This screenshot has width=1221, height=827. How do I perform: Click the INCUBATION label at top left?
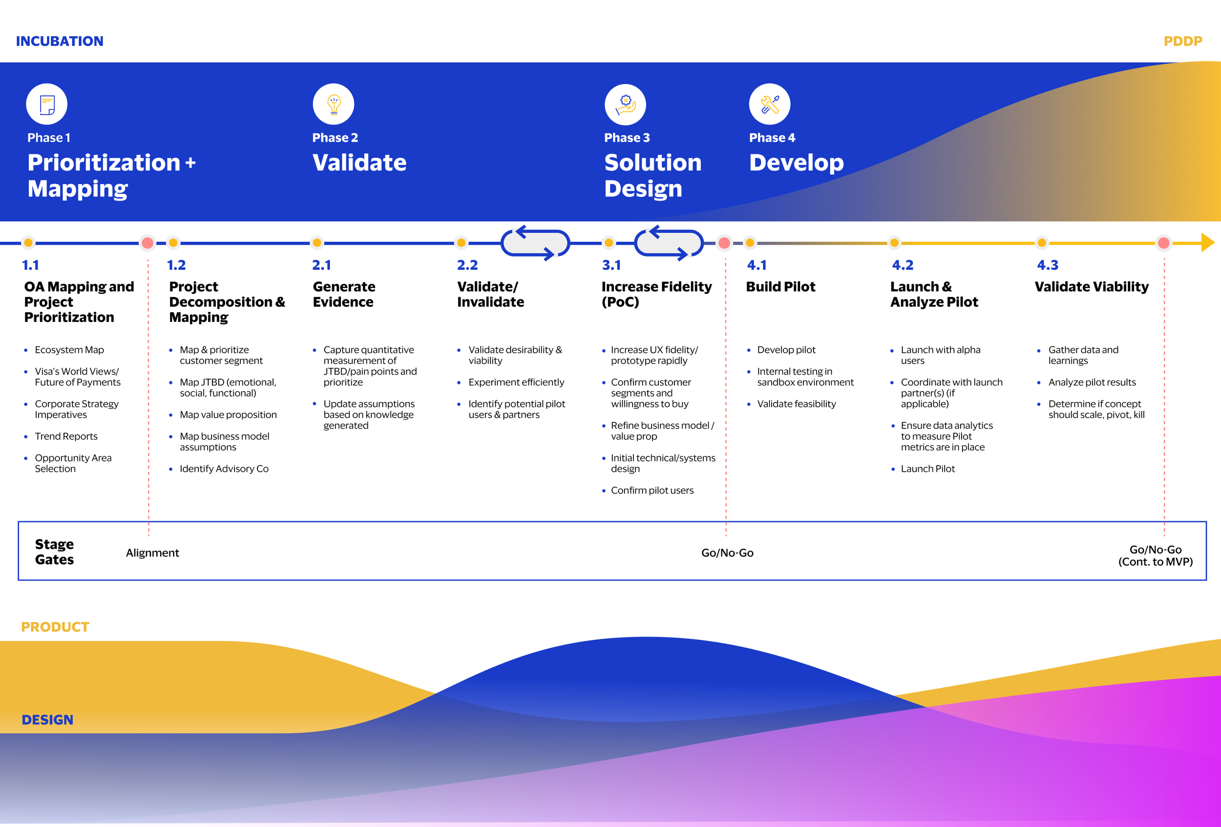(60, 41)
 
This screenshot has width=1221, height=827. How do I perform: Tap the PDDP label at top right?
(1182, 41)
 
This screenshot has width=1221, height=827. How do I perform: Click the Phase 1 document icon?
(47, 104)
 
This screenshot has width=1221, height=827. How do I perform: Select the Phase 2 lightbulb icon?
(333, 104)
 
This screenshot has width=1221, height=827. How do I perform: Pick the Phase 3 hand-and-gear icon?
(625, 104)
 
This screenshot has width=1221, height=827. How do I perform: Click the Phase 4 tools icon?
(769, 104)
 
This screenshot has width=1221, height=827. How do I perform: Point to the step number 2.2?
(467, 265)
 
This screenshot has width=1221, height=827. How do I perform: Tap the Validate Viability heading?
(1091, 286)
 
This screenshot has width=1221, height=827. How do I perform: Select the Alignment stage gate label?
(152, 553)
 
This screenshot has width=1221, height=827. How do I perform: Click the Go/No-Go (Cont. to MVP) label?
(1156, 555)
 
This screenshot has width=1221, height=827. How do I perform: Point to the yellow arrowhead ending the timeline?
(1207, 243)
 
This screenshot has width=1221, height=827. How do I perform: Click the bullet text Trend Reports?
(66, 436)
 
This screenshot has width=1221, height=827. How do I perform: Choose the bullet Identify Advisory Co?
(224, 468)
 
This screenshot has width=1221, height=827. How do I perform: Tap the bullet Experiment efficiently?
(516, 382)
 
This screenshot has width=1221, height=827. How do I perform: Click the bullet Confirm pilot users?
(652, 490)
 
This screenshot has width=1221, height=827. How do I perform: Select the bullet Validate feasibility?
(796, 403)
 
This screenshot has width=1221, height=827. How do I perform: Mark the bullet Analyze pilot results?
(1092, 382)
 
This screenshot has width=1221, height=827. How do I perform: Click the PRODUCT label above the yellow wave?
(55, 627)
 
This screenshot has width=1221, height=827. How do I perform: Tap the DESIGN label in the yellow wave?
(47, 720)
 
